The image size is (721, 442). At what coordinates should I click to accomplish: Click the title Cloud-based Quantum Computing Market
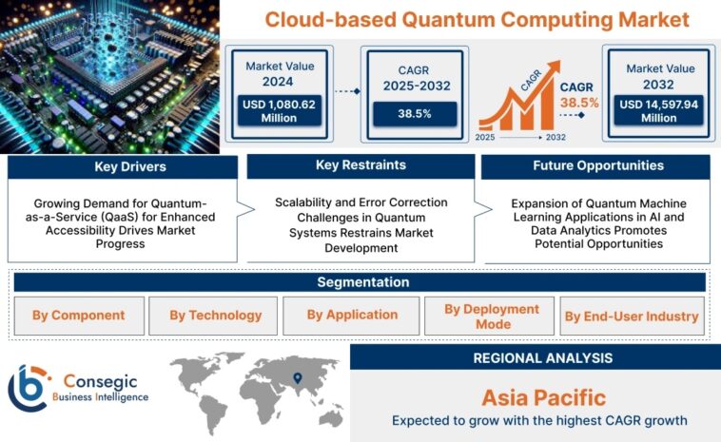point(477,19)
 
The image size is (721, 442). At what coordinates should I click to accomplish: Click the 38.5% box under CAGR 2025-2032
point(414,112)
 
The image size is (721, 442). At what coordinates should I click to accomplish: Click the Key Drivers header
point(123,166)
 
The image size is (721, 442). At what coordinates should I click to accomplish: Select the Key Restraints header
point(360,165)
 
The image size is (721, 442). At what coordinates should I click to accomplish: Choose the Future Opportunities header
point(598,165)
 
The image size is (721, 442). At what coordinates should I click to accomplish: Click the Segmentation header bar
point(360,282)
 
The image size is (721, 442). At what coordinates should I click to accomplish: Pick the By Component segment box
point(79,316)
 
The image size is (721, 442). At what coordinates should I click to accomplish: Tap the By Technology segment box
point(215,316)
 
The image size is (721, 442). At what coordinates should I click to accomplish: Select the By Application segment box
point(352,316)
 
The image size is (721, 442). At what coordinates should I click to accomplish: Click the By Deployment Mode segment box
point(488,317)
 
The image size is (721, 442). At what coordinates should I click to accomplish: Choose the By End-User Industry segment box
point(631,317)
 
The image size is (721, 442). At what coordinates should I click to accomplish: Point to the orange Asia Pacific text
point(543,396)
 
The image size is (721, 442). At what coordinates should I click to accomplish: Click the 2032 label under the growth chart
point(555,138)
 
